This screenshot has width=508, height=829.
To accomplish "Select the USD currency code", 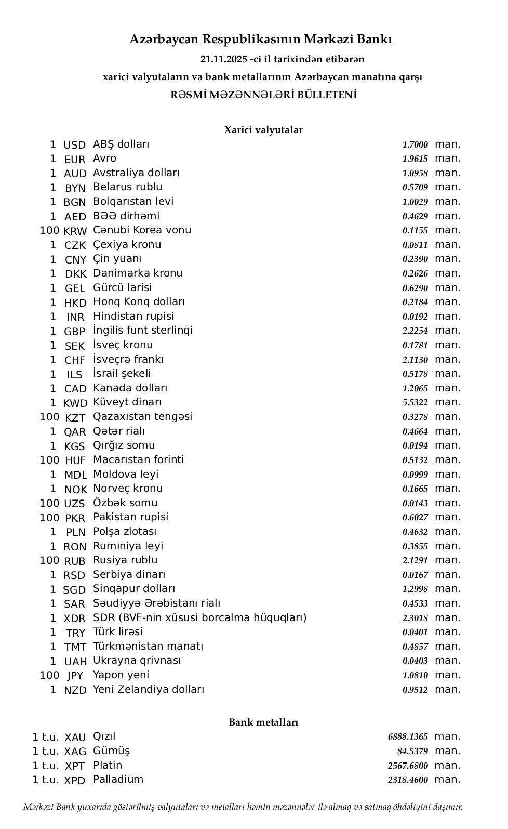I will pyautogui.click(x=74, y=145).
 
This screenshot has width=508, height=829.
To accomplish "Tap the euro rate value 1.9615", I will pyautogui.click(x=415, y=159).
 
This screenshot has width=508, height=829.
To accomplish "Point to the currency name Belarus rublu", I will pyautogui.click(x=127, y=187).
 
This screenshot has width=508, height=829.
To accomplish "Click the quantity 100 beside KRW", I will pyautogui.click(x=49, y=230).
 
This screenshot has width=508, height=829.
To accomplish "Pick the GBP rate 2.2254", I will pyautogui.click(x=415, y=331).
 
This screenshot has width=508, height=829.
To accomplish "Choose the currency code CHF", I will pyautogui.click(x=75, y=360).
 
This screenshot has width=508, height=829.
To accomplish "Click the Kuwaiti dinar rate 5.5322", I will pyautogui.click(x=415, y=403).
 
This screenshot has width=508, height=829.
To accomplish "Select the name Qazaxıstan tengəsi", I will pyautogui.click(x=142, y=416).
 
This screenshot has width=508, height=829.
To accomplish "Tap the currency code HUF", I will pyautogui.click(x=75, y=460).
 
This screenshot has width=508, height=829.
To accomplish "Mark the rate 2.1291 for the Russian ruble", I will pyautogui.click(x=415, y=561).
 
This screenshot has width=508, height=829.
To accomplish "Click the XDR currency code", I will pyautogui.click(x=75, y=619).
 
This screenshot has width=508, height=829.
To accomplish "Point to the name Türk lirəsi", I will pyautogui.click(x=118, y=632).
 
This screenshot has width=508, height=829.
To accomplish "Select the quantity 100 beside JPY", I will pyautogui.click(x=49, y=675).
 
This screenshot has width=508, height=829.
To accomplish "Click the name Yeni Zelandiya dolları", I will pyautogui.click(x=149, y=690).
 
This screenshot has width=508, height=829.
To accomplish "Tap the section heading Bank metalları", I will pyautogui.click(x=263, y=722).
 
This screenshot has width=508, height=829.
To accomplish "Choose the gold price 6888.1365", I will pyautogui.click(x=408, y=737).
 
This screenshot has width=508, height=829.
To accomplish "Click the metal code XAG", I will pyautogui.click(x=75, y=752).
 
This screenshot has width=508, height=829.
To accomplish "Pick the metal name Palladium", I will pyautogui.click(x=118, y=780).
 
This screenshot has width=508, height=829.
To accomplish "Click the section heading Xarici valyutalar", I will pyautogui.click(x=263, y=130).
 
